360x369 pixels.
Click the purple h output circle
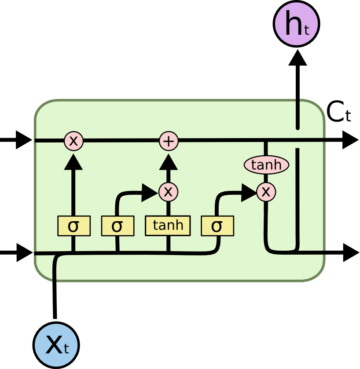296,24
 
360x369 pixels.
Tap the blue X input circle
56,345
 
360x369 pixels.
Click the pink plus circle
169,141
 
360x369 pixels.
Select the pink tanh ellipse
266,165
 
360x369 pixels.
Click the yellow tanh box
168,226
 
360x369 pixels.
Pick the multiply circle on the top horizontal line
73,141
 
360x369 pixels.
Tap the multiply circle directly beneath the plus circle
168,192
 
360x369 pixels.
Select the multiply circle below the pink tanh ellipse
266,192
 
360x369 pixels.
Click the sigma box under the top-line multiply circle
73,226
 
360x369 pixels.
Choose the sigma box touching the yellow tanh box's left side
118,226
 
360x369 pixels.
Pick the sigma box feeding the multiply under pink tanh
217,226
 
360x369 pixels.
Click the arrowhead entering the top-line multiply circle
73,161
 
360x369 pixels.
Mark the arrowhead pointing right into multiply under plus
149,192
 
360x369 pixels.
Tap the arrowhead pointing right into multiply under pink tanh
248,192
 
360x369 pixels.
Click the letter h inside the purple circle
293,24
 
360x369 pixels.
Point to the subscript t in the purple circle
306,30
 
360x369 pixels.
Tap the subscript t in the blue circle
66,349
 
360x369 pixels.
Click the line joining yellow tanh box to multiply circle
168,208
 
